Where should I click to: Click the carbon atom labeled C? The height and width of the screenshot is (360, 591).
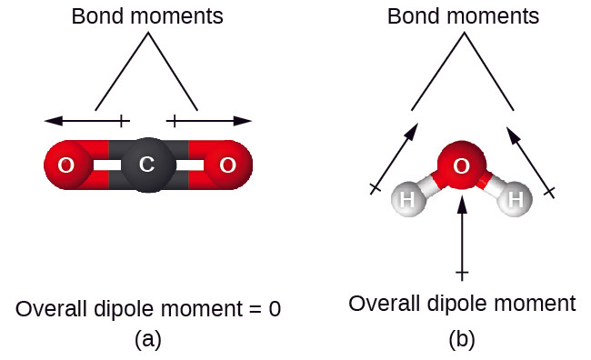[149, 165]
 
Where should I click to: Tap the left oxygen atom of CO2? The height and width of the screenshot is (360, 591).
[67, 165]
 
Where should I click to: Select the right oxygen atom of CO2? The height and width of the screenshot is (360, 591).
[228, 165]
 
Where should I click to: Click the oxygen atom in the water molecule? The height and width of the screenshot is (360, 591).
[461, 165]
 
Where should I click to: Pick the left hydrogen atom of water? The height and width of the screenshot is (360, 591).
[408, 199]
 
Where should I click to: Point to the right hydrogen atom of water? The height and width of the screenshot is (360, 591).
[515, 199]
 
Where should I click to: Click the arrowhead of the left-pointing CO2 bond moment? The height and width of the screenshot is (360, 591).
[54, 121]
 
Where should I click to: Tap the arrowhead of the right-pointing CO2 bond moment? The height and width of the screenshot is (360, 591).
[243, 121]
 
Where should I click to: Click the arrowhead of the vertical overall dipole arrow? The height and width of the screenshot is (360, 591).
[462, 204]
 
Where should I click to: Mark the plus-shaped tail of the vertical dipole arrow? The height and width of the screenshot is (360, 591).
[462, 273]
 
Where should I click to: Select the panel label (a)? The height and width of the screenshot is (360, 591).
[148, 339]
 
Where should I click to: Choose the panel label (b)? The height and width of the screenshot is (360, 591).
[462, 339]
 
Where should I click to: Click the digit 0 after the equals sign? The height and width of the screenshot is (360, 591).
[275, 309]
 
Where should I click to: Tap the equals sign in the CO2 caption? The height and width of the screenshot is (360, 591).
[255, 309]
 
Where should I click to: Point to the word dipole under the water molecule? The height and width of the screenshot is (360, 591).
[457, 304]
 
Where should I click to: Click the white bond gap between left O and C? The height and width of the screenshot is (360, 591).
[107, 165]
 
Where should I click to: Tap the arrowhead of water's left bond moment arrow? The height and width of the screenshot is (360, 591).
[413, 130]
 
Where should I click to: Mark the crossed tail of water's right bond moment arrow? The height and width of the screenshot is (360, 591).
[549, 192]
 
